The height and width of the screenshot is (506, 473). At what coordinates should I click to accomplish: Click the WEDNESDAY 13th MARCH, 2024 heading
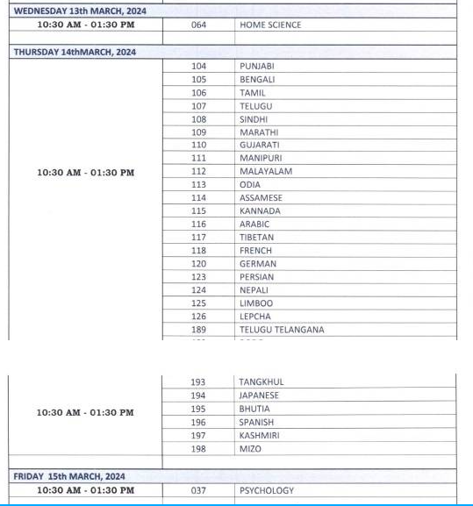[80, 11]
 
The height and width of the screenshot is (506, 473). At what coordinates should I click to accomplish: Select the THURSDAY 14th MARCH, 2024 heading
[75, 52]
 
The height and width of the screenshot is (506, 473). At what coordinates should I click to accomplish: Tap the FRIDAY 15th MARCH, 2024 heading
[69, 476]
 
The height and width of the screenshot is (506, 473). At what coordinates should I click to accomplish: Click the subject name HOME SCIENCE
[270, 25]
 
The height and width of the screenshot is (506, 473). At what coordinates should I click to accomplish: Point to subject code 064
[199, 25]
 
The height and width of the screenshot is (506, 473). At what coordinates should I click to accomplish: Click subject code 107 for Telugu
[199, 105]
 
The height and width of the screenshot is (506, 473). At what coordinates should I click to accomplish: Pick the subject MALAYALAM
[266, 171]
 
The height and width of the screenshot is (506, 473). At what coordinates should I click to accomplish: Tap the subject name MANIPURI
[261, 158]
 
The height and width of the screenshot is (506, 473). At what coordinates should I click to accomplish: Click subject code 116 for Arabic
[199, 224]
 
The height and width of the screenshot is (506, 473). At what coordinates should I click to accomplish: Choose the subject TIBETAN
[256, 237]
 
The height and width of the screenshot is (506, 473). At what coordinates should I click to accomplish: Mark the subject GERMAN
[258, 263]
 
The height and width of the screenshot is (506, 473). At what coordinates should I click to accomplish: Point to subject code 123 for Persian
[199, 276]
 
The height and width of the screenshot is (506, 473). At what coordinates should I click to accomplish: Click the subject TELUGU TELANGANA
[282, 330]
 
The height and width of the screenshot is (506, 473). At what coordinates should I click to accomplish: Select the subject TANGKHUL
[262, 381]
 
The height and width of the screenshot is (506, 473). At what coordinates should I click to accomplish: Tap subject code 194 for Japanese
[199, 396]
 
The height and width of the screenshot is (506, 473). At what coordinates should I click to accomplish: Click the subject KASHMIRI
[260, 435]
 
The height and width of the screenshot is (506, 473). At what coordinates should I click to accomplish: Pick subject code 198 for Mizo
[199, 449]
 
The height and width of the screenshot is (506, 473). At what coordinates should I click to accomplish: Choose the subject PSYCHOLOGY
[267, 490]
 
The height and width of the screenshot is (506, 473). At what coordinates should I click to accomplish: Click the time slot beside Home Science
[86, 25]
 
